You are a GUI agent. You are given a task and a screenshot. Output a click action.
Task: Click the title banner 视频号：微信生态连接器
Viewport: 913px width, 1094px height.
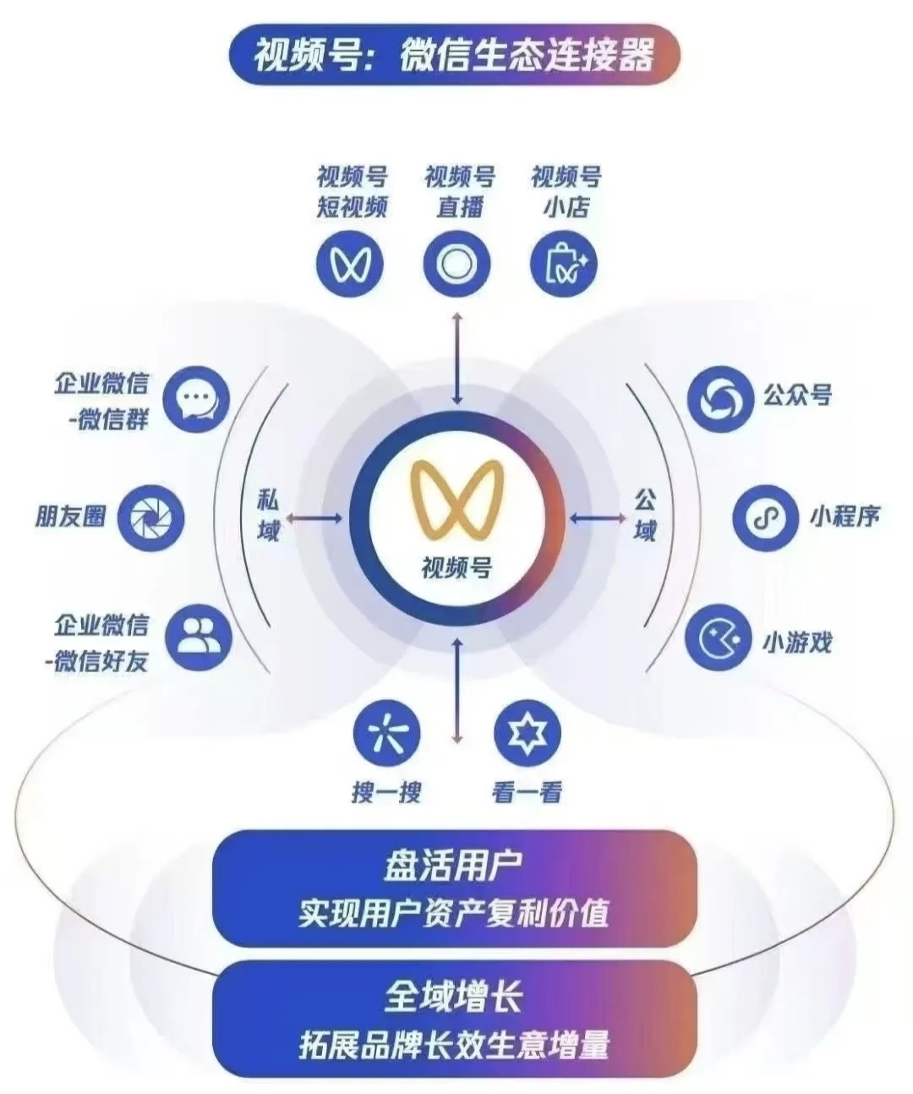pos(454,54)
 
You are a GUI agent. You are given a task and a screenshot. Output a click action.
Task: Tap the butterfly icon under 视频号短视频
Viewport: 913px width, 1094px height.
pos(350,263)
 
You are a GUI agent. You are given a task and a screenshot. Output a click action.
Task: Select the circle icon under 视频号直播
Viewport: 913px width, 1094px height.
pos(456,263)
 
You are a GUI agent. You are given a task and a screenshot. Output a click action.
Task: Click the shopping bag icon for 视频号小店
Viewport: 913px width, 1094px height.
pos(564,263)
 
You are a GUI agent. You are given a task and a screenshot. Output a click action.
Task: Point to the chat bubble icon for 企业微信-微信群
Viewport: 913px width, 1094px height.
pos(196,399)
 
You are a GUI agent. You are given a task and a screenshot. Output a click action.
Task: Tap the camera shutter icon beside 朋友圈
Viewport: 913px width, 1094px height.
pos(150,517)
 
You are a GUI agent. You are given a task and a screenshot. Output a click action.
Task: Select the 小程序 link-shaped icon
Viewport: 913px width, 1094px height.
pos(766,517)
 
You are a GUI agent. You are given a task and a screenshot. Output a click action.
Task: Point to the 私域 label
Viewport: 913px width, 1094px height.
pos(268,515)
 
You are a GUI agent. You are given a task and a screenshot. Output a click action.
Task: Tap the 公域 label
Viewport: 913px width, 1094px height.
pos(645,515)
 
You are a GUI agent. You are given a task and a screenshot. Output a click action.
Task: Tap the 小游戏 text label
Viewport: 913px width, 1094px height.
pos(796,642)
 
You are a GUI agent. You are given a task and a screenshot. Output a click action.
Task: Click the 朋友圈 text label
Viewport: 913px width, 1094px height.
pos(71,516)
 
